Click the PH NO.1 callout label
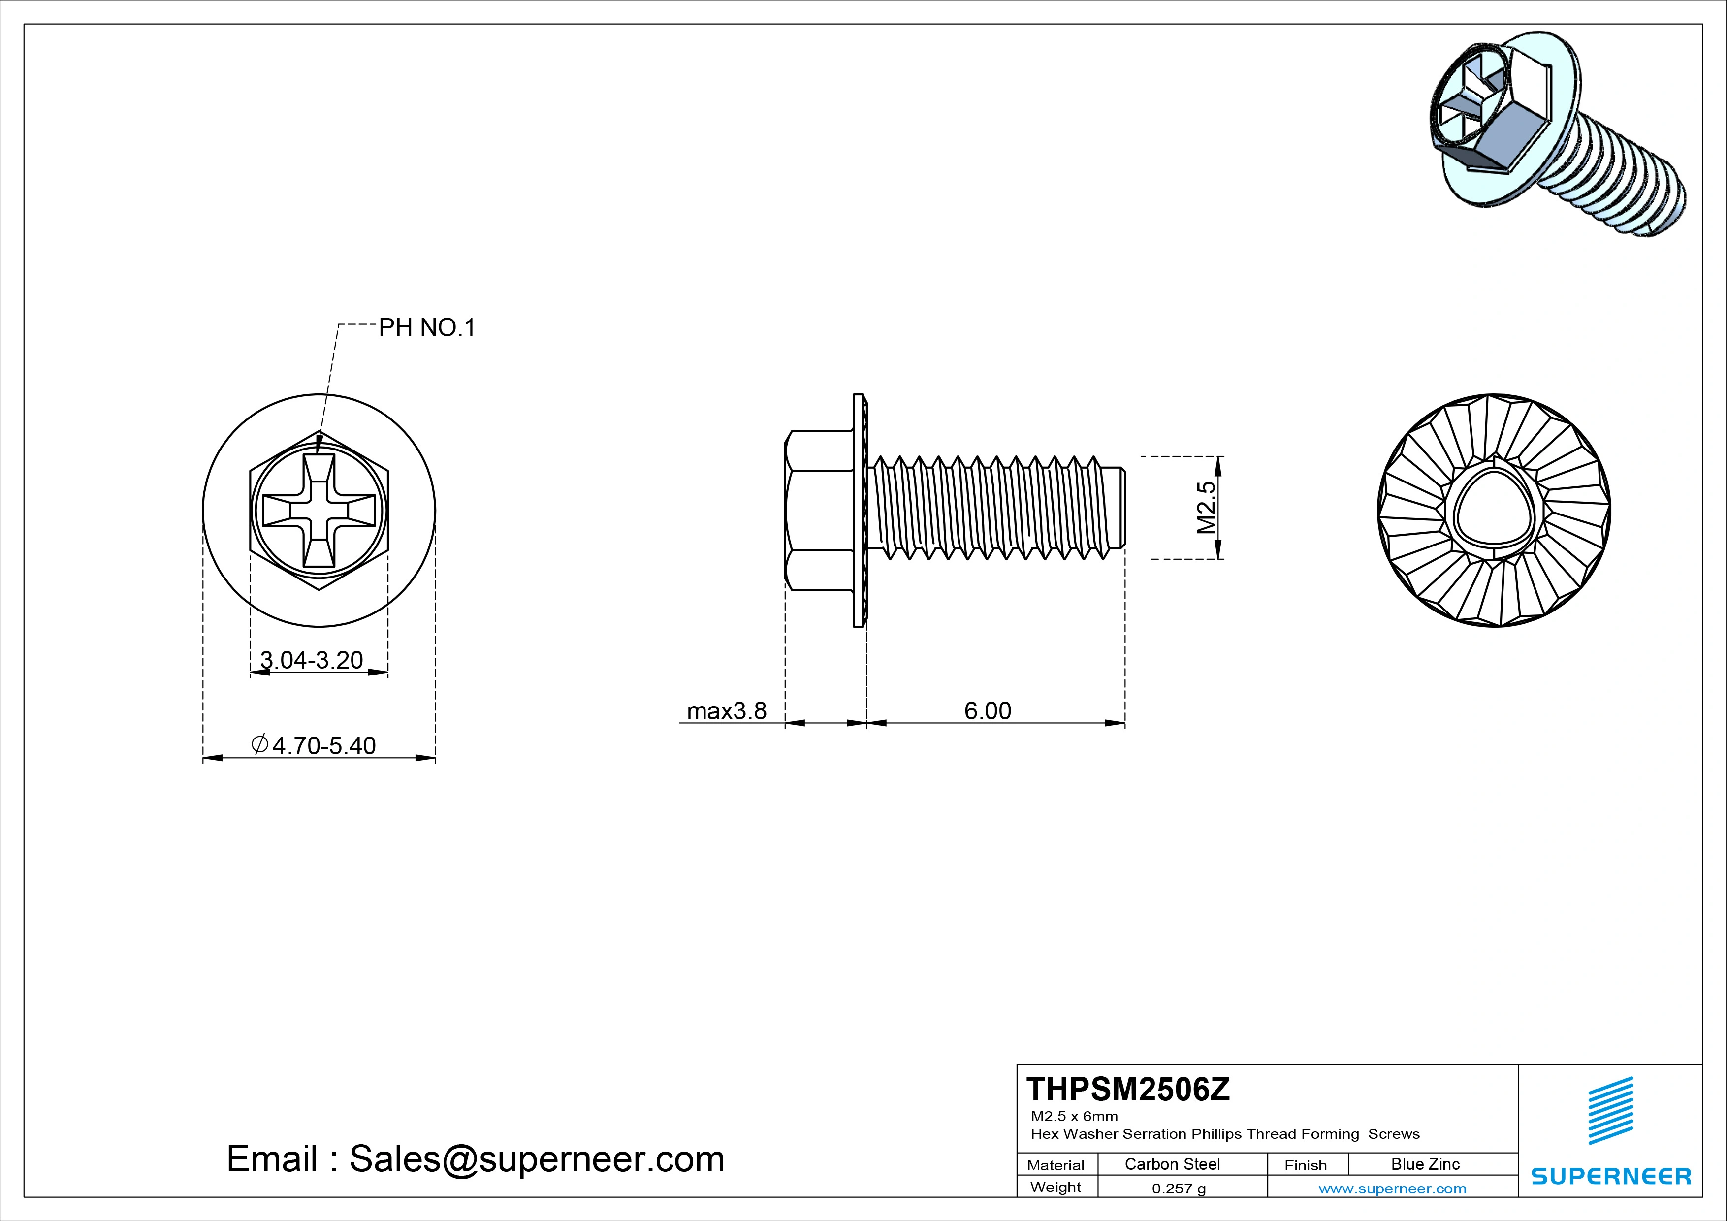coord(426,328)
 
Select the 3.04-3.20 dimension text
coord(312,660)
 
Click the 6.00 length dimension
coord(988,711)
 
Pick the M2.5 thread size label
coord(1206,508)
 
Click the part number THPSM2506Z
coord(1128,1090)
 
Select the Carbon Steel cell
coord(1172,1164)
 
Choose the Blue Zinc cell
coord(1425,1164)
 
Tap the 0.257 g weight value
coord(1179,1189)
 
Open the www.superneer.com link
coord(1392,1189)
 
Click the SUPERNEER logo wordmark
coord(1610,1176)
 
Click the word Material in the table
coord(1055,1165)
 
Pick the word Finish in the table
coord(1305,1165)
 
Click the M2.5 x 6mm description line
coord(1074,1116)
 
